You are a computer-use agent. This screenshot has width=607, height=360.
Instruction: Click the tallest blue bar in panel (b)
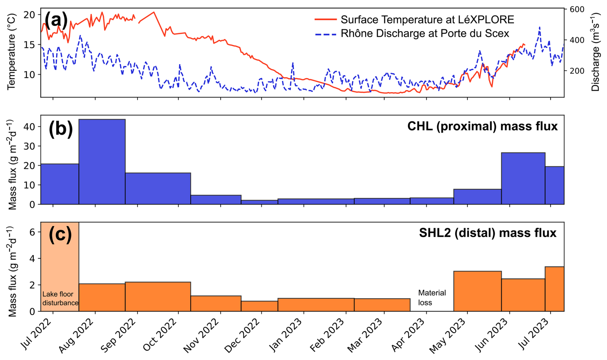point(102,162)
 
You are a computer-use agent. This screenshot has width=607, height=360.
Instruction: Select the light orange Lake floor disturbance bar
point(60,266)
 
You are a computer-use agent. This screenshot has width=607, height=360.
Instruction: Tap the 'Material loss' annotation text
point(432,297)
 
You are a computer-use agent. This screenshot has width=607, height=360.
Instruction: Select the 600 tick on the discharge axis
point(577,9)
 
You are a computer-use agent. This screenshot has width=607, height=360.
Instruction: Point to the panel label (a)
point(56,20)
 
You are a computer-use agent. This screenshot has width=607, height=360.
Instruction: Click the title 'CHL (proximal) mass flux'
point(482,126)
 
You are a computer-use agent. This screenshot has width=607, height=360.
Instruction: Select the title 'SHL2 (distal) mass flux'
point(487,233)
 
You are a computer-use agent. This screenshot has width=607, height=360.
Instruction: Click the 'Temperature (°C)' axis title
point(12,51)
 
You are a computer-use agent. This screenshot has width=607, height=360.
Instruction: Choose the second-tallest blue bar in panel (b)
point(523,178)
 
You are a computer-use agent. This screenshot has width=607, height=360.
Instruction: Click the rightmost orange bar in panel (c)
point(554,289)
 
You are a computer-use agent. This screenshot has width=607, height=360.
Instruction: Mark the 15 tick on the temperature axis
point(30,45)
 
